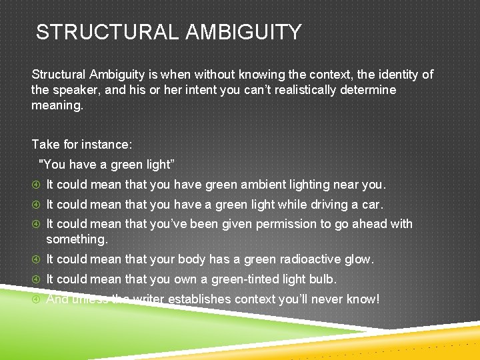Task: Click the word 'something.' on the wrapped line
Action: (x=77, y=239)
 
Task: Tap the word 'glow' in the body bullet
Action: (x=359, y=259)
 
